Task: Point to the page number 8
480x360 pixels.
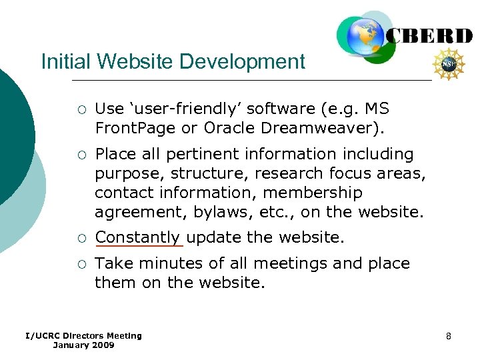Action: [x=449, y=336]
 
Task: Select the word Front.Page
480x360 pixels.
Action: [x=128, y=127]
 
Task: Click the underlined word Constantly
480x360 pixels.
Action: [x=138, y=237]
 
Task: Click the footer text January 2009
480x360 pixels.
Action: [x=83, y=345]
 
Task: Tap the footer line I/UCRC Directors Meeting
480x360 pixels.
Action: [x=83, y=335]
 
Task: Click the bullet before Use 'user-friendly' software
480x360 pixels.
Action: [x=80, y=109]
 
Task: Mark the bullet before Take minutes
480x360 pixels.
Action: [x=80, y=264]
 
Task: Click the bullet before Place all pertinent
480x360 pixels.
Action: [x=80, y=155]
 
